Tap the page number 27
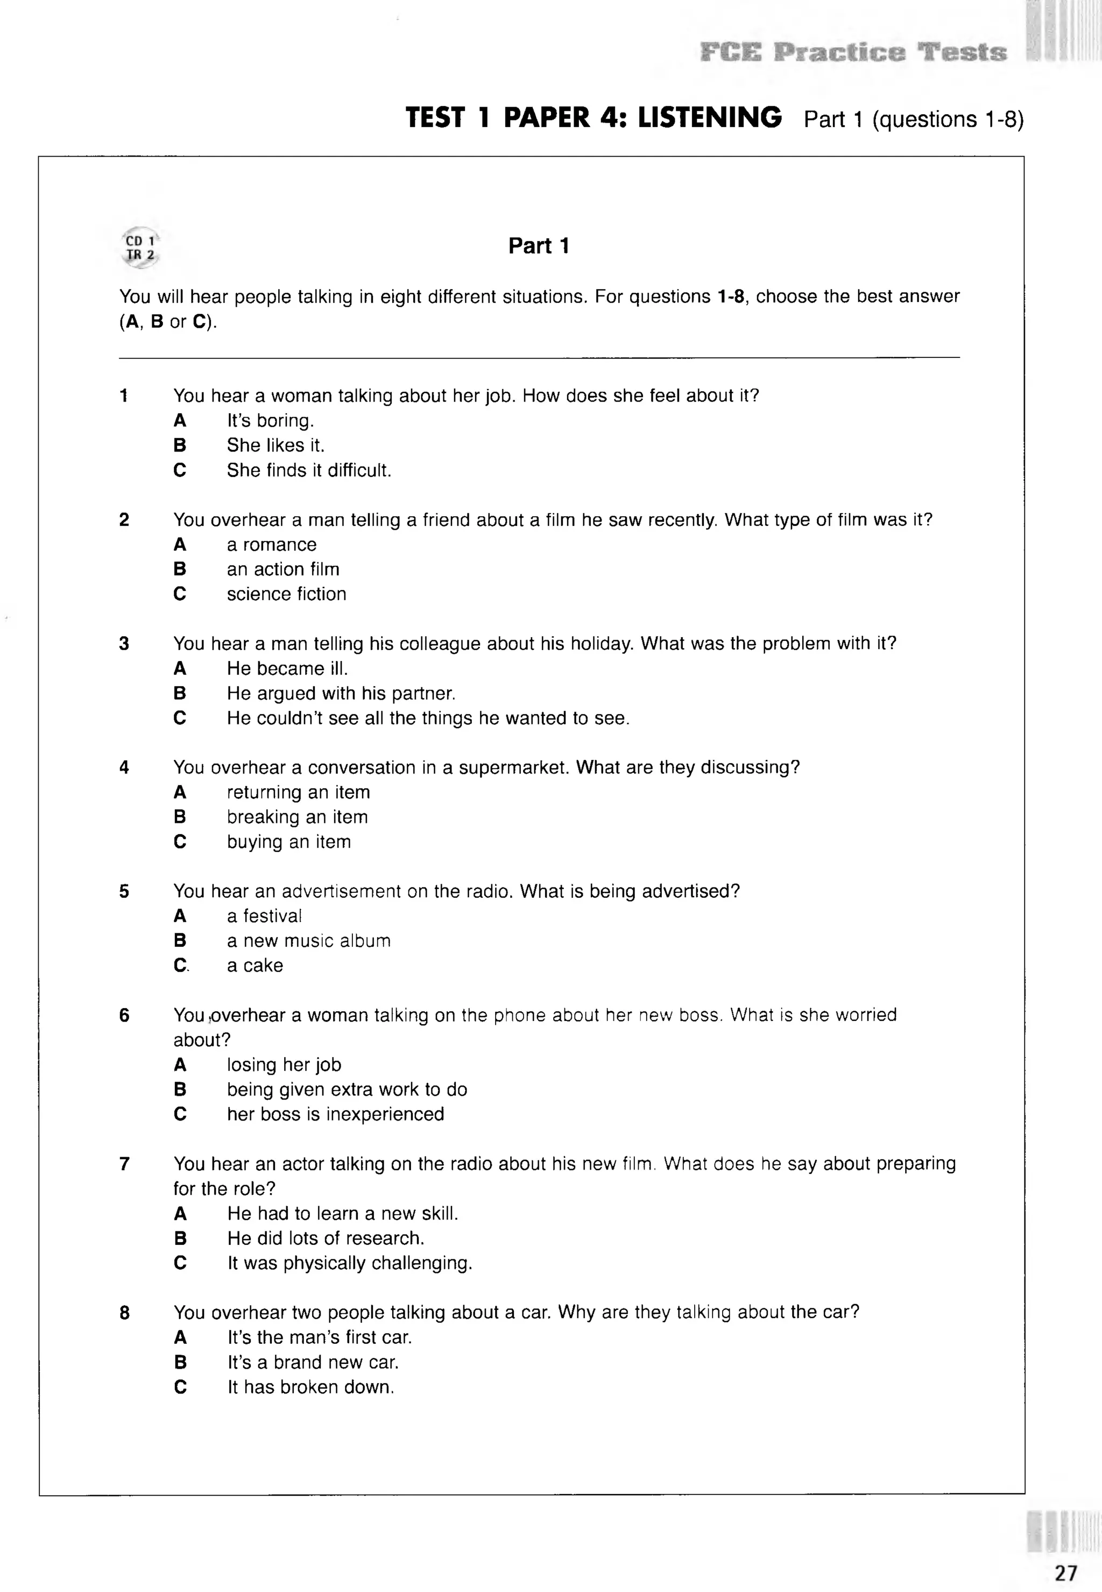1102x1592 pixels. [x=1065, y=1573]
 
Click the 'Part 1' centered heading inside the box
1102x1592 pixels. [x=539, y=246]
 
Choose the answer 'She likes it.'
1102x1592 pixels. [x=275, y=446]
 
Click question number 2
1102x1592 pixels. [x=124, y=520]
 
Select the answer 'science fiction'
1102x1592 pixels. [x=287, y=594]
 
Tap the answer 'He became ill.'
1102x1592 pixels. [x=287, y=668]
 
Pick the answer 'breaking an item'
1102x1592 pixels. [x=297, y=817]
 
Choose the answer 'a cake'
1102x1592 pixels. [x=255, y=966]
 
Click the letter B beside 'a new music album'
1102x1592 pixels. [x=180, y=941]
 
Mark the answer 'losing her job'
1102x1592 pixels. [x=284, y=1065]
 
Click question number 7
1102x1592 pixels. [x=124, y=1165]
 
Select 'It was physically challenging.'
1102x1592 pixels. [x=349, y=1263]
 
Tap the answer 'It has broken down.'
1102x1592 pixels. [x=310, y=1387]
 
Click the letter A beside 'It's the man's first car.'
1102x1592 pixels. [x=180, y=1338]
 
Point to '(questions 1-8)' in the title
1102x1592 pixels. [x=948, y=119]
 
